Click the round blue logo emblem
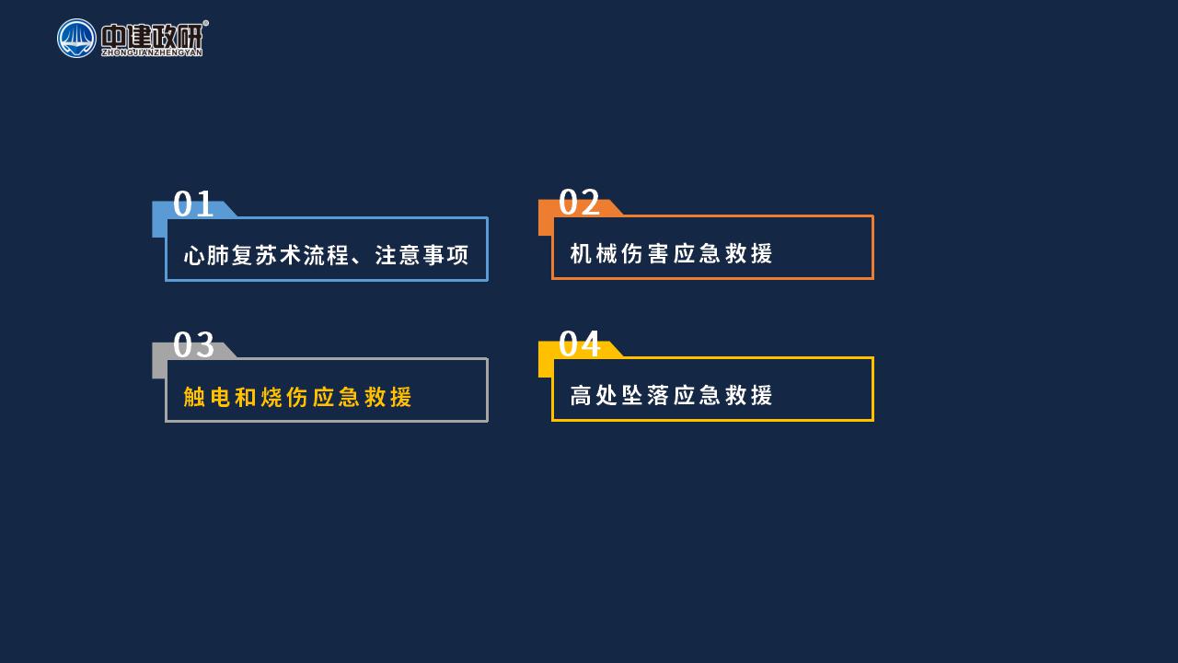[76, 39]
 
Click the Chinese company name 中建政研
[152, 36]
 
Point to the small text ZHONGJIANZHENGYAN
[152, 52]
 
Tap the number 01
[193, 204]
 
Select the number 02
[579, 202]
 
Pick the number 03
[193, 344]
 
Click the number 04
[580, 343]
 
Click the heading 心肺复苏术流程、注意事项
[326, 255]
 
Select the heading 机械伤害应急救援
[671, 253]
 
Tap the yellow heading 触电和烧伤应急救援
[297, 397]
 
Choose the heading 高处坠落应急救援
[671, 395]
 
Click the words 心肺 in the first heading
[206, 255]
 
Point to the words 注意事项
[422, 255]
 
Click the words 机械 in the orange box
[594, 253]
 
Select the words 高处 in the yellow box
[594, 395]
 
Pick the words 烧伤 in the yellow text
[284, 397]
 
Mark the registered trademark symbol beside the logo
[205, 23]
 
